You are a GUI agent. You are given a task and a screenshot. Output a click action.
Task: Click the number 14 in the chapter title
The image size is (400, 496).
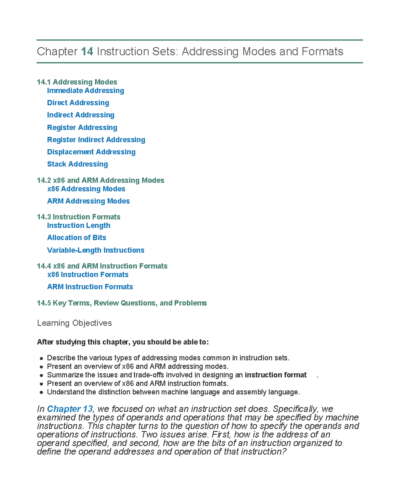click(87, 52)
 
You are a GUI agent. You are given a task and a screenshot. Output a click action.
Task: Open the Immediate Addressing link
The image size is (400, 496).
click(85, 91)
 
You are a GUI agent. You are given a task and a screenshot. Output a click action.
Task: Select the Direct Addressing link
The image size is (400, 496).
click(78, 103)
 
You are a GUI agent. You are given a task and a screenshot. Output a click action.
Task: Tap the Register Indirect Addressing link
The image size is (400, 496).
click(96, 140)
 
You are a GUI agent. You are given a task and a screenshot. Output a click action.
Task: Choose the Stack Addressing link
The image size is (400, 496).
click(77, 164)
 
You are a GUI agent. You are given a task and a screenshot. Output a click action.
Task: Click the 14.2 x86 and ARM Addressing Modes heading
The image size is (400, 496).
click(100, 180)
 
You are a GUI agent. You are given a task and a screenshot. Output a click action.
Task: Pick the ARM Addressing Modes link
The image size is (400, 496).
click(88, 201)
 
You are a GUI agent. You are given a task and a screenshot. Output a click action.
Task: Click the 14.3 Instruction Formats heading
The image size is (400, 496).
click(78, 217)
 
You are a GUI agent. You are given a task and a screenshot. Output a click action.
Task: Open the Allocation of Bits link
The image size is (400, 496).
click(76, 238)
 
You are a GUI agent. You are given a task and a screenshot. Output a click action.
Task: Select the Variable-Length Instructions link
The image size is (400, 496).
click(95, 250)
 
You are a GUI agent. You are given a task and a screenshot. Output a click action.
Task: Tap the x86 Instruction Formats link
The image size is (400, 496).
click(88, 275)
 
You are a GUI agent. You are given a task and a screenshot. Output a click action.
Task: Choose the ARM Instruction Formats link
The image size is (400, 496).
click(90, 287)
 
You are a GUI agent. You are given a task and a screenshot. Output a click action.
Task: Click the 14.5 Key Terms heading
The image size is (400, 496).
click(122, 303)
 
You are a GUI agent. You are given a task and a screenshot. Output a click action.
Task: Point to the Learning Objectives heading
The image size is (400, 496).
click(74, 323)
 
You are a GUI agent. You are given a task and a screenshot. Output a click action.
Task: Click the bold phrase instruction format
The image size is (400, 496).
click(275, 375)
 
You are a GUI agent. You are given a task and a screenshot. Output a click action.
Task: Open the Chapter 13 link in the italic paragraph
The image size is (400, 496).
click(70, 409)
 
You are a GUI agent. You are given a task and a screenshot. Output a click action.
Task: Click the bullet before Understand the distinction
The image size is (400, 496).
click(41, 392)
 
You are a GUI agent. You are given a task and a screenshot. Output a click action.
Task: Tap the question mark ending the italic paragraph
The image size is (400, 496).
click(284, 452)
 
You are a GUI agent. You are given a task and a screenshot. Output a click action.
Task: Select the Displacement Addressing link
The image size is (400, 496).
click(91, 152)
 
